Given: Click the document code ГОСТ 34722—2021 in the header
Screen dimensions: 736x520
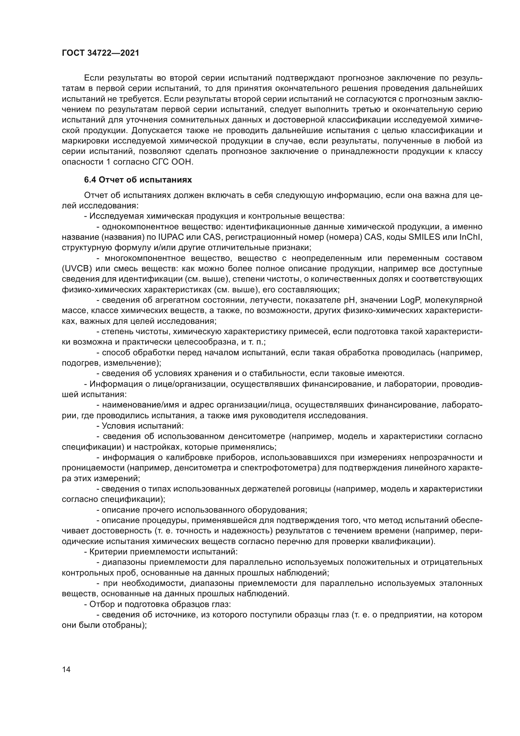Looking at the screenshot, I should click(101, 53).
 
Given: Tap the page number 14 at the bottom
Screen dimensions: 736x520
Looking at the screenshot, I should click(66, 669).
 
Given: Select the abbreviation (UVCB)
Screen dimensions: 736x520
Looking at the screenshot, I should click(77, 269).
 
